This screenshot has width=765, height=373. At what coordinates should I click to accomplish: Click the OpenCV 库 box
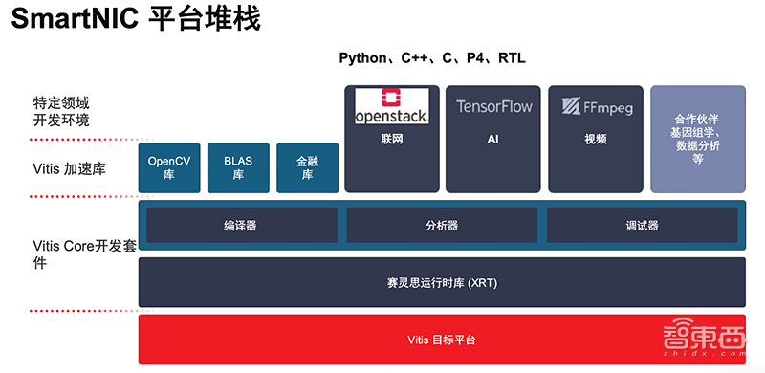(x=169, y=167)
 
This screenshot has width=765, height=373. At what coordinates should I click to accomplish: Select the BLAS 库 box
(x=238, y=167)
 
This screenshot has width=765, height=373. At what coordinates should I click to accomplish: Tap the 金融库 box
(x=307, y=167)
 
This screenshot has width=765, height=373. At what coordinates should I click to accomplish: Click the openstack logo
(x=392, y=106)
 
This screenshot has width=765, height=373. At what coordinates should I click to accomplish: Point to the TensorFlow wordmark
(x=493, y=106)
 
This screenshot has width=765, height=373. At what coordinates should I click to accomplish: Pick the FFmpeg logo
(x=597, y=107)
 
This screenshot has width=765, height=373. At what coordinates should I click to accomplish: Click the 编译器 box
(x=242, y=225)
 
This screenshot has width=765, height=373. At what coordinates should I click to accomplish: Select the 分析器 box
(x=442, y=225)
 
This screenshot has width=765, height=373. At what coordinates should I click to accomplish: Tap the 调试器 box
(x=642, y=225)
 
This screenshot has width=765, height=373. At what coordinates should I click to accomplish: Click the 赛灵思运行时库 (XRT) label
(x=442, y=283)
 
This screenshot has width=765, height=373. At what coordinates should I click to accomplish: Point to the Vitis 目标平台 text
(x=442, y=340)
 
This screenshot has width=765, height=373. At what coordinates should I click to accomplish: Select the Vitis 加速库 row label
(x=69, y=169)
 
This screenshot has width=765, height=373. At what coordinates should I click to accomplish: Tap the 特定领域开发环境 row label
(x=61, y=112)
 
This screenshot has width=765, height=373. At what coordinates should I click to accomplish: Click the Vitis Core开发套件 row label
(x=82, y=253)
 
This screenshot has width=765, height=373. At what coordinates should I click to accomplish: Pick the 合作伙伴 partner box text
(x=698, y=139)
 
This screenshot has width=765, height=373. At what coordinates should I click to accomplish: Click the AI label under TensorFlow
(x=492, y=139)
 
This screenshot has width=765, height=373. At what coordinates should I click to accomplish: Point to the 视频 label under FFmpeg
(x=596, y=139)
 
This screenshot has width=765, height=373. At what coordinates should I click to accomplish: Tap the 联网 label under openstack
(x=392, y=139)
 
